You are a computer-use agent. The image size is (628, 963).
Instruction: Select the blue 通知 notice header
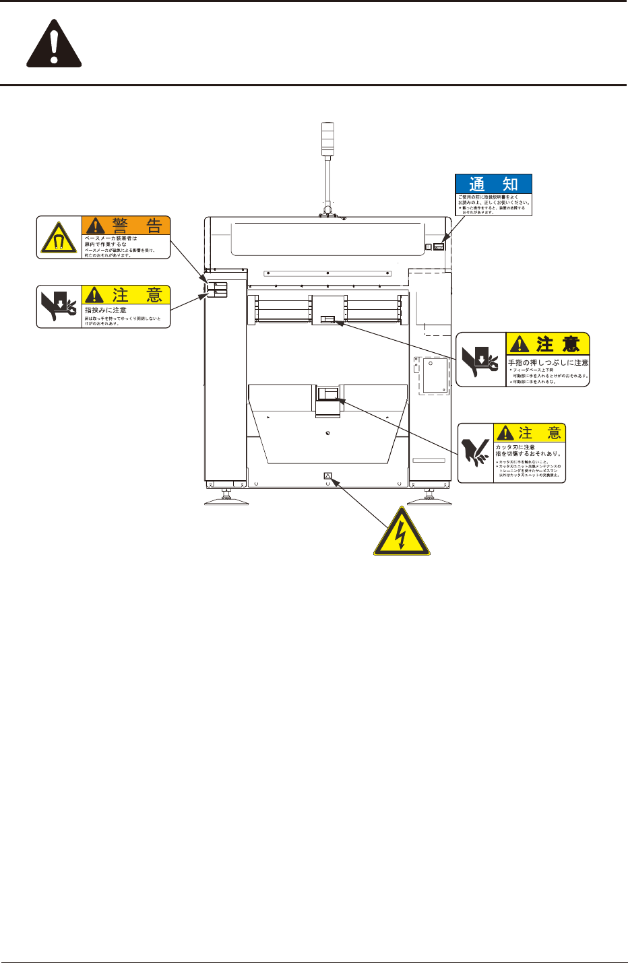[x=494, y=184]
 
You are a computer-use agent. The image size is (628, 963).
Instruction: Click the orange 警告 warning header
[x=126, y=226]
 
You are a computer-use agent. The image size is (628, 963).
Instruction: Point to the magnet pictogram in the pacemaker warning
[x=59, y=238]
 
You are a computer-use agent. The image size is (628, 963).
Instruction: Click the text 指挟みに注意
[x=106, y=310]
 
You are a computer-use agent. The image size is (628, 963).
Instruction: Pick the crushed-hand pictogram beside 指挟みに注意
[x=59, y=307]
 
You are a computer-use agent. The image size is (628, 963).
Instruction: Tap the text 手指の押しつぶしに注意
[x=548, y=363]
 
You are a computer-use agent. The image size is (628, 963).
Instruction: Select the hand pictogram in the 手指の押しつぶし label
[x=480, y=360]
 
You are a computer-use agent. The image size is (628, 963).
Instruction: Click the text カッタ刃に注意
[x=515, y=447]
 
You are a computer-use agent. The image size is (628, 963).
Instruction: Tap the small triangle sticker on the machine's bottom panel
[x=328, y=476]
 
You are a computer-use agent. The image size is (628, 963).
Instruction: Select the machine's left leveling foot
[x=226, y=499]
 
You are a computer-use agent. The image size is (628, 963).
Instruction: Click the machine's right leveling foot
[x=429, y=499]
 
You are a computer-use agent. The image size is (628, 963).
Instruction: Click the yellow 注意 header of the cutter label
[x=530, y=433]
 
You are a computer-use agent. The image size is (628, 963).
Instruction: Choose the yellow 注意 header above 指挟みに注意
[x=126, y=295]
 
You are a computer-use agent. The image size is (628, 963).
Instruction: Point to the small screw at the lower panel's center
[x=327, y=433]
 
